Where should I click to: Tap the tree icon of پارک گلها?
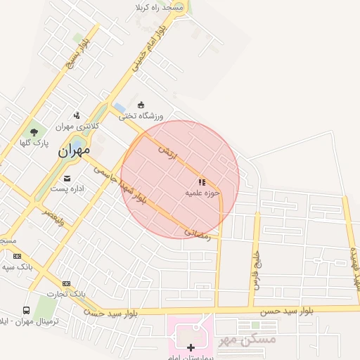coord(34,131)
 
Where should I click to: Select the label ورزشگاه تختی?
coord(145,115)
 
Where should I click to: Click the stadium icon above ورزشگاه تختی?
coord(141,105)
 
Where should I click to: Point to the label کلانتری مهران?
coord(74,127)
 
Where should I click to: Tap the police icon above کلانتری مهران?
coord(77,115)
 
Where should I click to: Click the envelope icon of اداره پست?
coord(67,178)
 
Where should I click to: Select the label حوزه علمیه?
coord(202,193)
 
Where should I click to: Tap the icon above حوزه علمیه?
coord(202,182)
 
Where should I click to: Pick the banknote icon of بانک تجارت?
coord(66,283)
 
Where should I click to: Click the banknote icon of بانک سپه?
coord(17,256)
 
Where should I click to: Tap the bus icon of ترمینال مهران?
coord(26,310)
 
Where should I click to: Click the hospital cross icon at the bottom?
coord(191,347)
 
